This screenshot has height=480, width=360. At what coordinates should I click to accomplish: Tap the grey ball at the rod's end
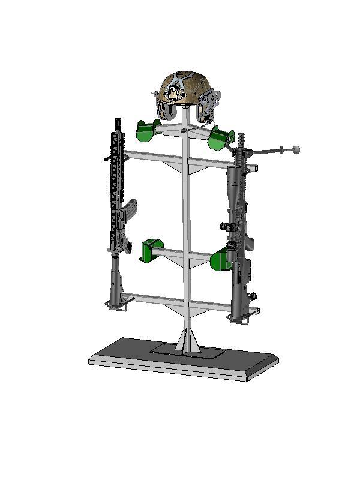point(295,148)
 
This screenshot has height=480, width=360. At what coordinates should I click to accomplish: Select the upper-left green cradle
point(147,130)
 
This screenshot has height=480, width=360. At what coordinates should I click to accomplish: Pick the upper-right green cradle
point(220,137)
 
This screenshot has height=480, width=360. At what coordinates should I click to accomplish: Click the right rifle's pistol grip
point(248,242)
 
